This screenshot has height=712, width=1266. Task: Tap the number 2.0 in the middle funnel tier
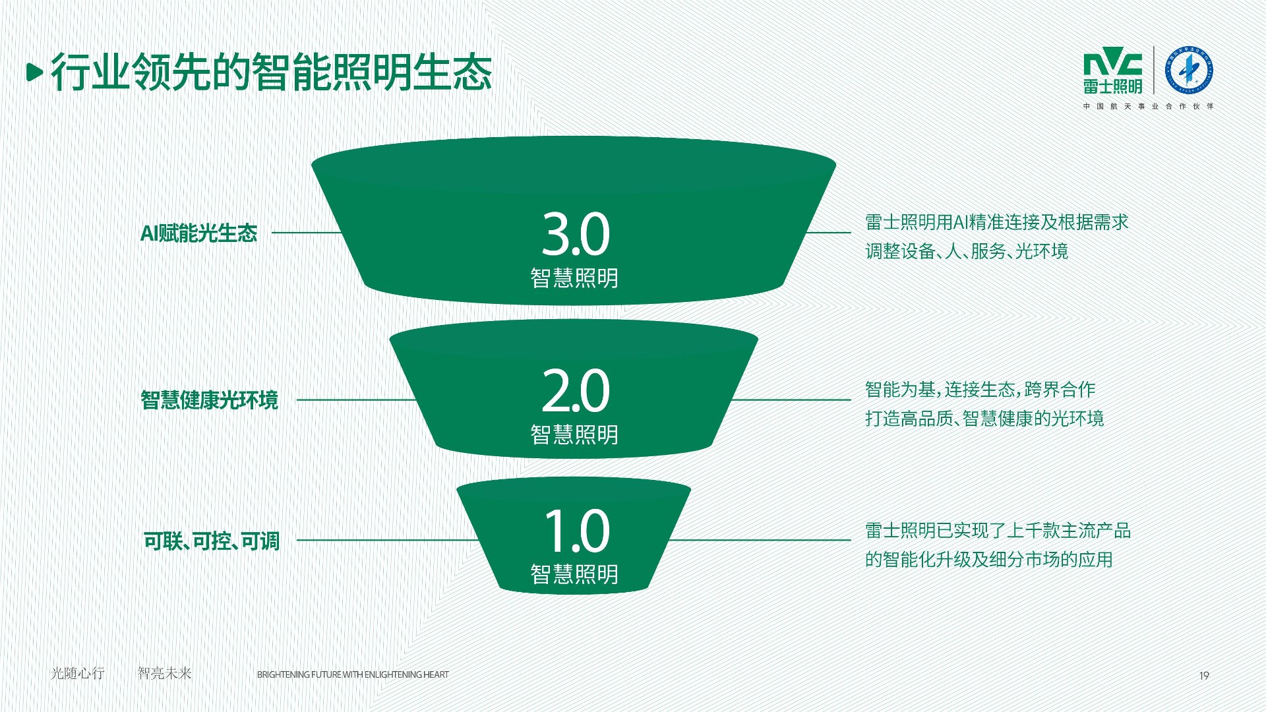tap(575, 392)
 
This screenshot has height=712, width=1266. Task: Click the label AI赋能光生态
tap(198, 233)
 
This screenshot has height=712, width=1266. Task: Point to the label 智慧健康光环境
tap(209, 400)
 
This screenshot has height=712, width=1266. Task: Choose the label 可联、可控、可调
tap(212, 541)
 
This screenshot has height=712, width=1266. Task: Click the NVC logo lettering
tap(1112, 63)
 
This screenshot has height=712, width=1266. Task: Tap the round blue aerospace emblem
tap(1189, 70)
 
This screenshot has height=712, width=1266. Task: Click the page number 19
tap(1204, 675)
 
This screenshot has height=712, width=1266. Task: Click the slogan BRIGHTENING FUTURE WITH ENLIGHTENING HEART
tap(353, 674)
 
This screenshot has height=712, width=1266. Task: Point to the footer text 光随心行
tap(78, 673)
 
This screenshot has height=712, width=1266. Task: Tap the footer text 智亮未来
tap(164, 673)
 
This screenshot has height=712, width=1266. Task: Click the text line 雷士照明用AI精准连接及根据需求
tap(996, 222)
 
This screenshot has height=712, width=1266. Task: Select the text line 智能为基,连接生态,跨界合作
tap(980, 390)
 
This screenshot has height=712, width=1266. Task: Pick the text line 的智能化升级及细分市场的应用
tap(988, 560)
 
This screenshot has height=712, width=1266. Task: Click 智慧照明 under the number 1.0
tap(574, 574)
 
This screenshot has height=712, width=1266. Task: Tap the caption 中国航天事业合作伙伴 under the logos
tap(1148, 106)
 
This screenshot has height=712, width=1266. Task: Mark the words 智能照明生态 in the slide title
tap(371, 72)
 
